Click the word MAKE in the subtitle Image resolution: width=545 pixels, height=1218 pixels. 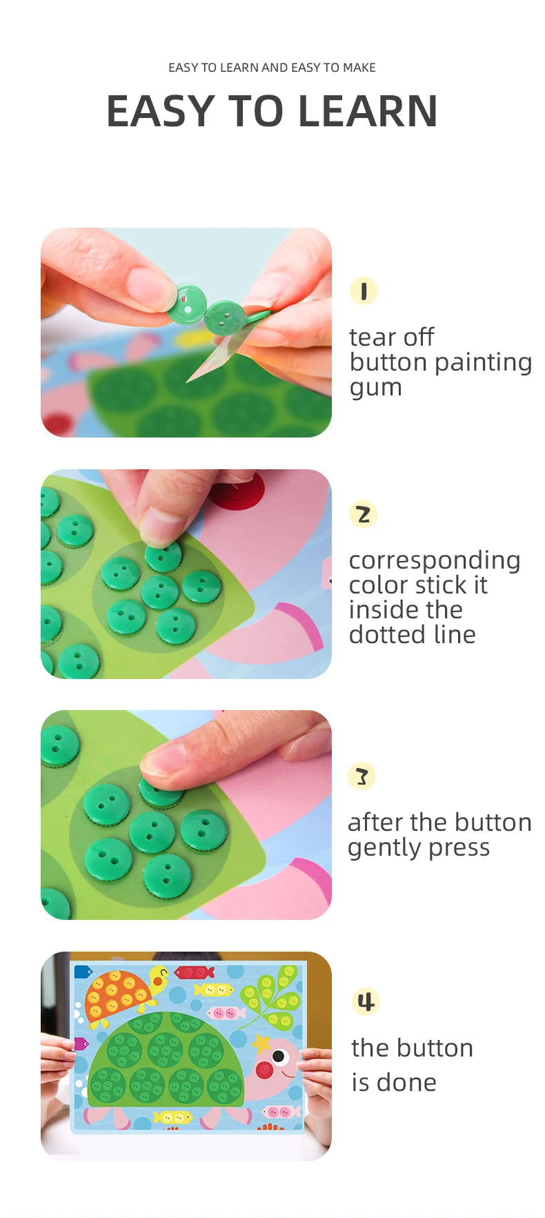click(x=359, y=68)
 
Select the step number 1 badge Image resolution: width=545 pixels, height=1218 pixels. click(x=364, y=291)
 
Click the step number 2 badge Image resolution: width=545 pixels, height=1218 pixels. click(x=363, y=514)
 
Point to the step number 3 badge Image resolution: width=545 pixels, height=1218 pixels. click(x=362, y=776)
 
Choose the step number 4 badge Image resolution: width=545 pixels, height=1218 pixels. click(x=366, y=1001)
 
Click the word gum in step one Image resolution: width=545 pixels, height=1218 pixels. click(x=375, y=389)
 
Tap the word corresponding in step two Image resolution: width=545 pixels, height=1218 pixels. click(x=435, y=560)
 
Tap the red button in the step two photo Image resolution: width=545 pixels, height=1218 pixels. click(x=237, y=491)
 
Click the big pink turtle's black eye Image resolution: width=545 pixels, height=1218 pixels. click(x=279, y=1056)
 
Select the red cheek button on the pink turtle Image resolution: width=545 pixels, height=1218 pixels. click(x=264, y=1069)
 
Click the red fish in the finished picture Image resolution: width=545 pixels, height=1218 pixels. click(x=194, y=972)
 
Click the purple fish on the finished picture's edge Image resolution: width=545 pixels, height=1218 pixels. click(x=81, y=1043)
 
